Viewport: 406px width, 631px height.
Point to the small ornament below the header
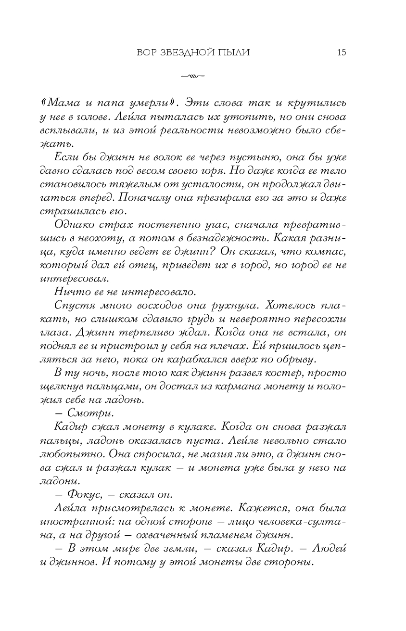[192, 76]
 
